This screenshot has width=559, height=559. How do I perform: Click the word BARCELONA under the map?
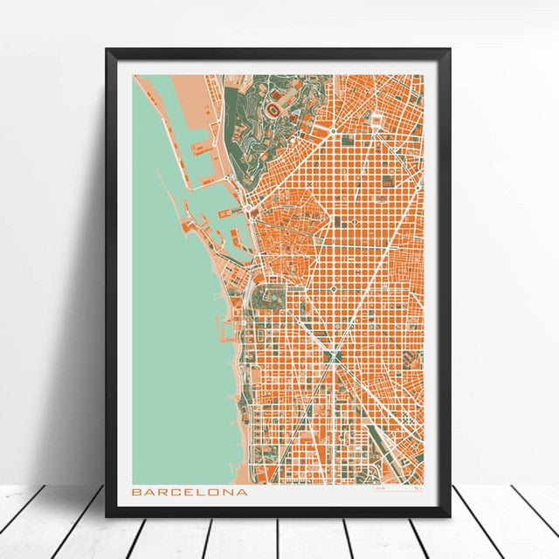coord(190,492)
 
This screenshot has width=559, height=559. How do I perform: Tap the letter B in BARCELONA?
coord(137,492)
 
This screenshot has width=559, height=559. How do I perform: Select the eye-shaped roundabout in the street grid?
coord(335,355)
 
